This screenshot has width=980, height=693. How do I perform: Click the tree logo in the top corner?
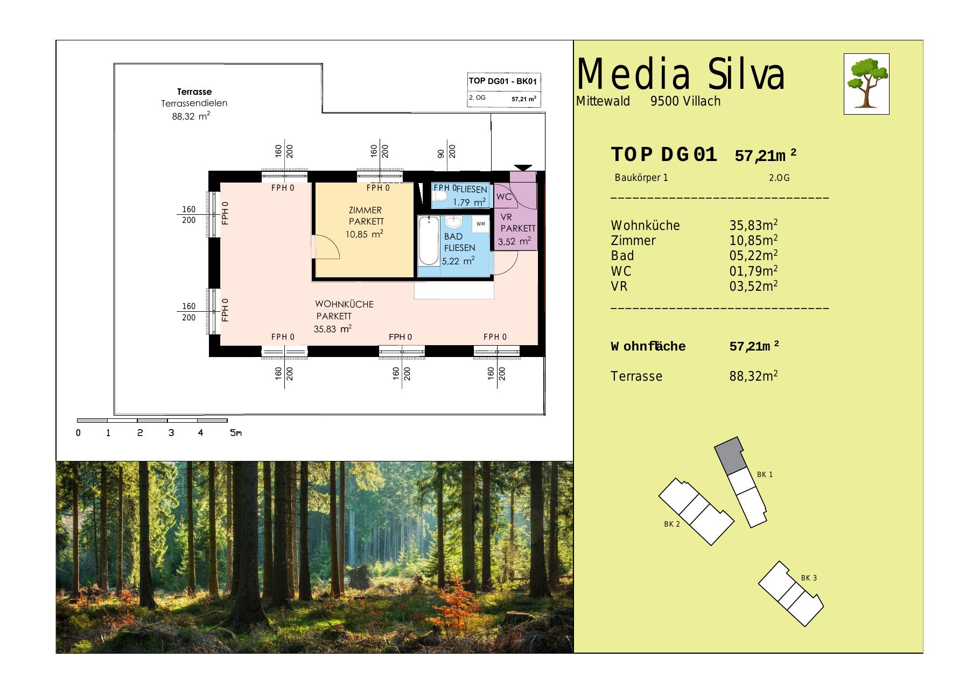tap(866, 83)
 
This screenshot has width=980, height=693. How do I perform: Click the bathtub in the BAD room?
tap(429, 240)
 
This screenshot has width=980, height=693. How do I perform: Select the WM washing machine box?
tap(480, 224)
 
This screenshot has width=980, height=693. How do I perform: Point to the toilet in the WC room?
tap(439, 197)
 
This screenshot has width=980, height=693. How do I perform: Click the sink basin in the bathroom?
tap(454, 222)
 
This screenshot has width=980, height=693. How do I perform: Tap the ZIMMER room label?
tap(366, 210)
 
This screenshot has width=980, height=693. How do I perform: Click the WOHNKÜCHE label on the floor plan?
tap(344, 304)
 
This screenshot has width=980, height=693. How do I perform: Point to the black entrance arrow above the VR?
tap(523, 168)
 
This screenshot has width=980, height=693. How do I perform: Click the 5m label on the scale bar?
tap(236, 432)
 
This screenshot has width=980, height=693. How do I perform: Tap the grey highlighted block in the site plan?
tap(730, 455)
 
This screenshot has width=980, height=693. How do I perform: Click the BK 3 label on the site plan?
tap(809, 578)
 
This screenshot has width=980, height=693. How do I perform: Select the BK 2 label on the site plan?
tap(672, 524)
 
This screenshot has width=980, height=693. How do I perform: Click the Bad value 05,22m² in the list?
tap(753, 255)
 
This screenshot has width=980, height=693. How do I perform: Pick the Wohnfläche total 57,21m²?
tap(754, 346)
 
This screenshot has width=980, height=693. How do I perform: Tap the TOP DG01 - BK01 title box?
tap(503, 81)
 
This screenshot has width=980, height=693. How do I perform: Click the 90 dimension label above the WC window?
tap(441, 154)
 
